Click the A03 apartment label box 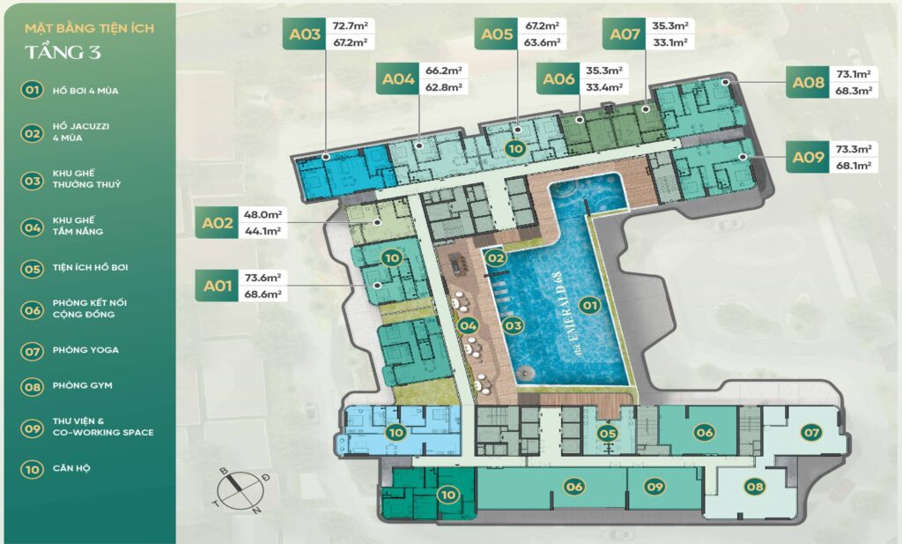click(304, 34)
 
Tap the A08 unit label click(809, 82)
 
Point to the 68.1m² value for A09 click(854, 166)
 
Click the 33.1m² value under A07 click(669, 42)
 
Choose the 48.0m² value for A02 click(262, 215)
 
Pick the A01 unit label click(218, 286)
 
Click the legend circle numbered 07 click(33, 351)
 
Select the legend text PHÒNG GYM click(82, 385)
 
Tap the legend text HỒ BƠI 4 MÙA click(85, 91)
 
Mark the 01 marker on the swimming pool click(589, 305)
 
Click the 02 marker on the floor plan click(495, 258)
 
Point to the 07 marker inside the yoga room click(811, 432)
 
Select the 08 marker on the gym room click(754, 487)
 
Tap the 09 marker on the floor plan click(654, 487)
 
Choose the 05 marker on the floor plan click(607, 434)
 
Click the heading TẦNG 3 click(63, 52)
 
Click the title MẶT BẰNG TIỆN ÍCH click(89, 27)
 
